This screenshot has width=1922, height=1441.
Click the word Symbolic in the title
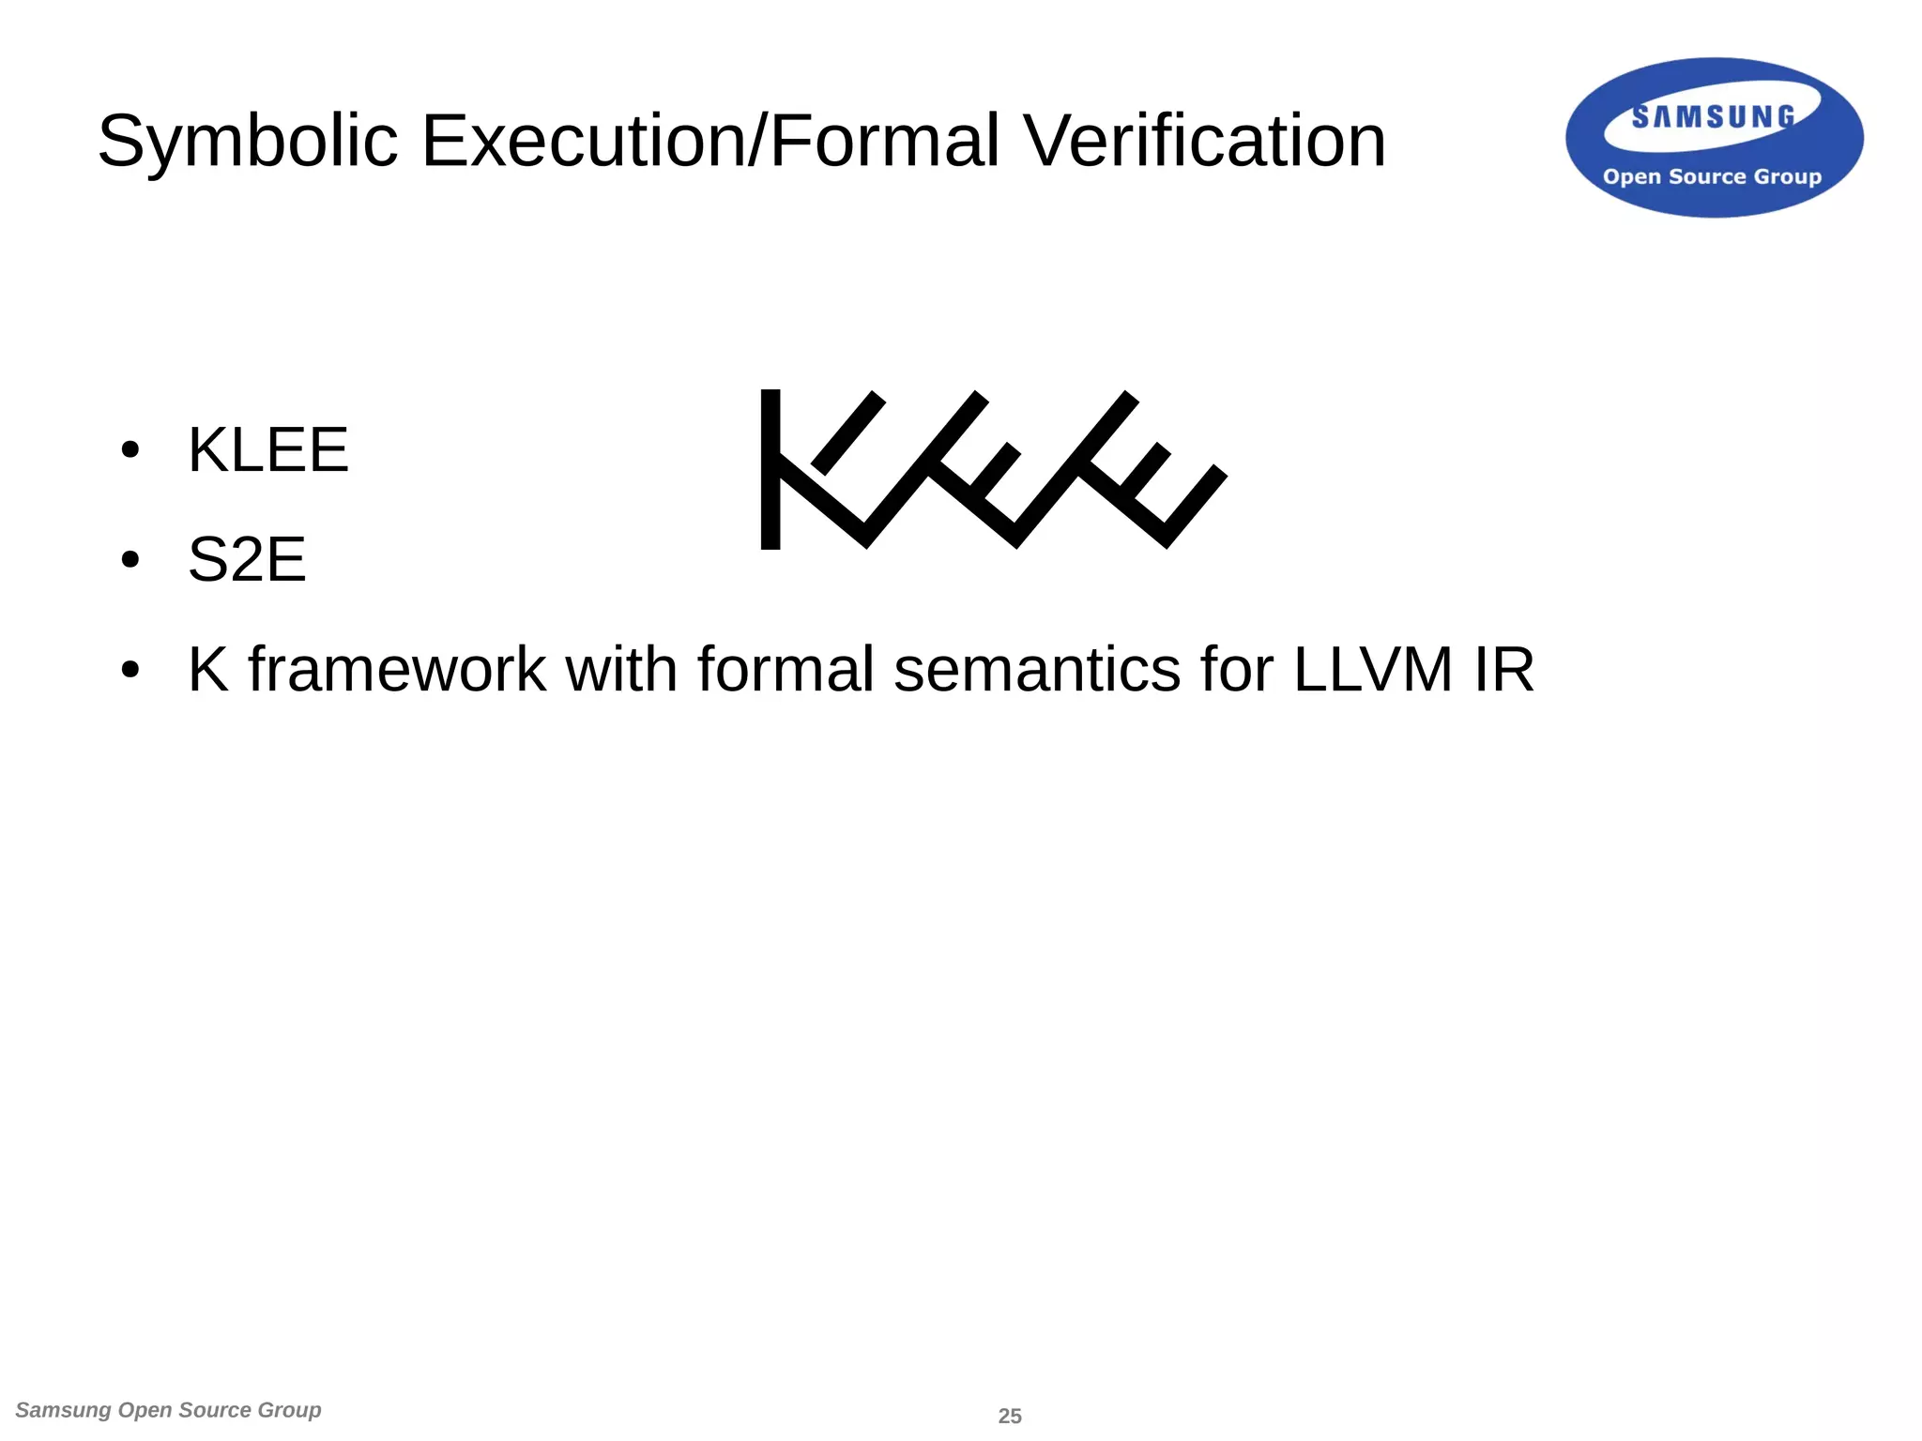pos(249,142)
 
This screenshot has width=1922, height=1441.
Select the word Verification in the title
pos(1204,142)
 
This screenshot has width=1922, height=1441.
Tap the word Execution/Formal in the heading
pos(710,142)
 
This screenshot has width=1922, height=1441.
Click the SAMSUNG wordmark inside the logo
pos(1713,117)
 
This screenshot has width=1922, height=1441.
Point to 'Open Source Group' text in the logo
pos(1712,176)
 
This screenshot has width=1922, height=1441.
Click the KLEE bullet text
pos(268,449)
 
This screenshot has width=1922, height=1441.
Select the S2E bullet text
pos(247,560)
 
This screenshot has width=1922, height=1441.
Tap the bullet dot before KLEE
pos(130,450)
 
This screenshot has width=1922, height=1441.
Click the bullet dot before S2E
pos(130,561)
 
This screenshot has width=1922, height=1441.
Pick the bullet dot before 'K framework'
pos(130,671)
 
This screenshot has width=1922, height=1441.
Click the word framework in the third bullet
pos(397,670)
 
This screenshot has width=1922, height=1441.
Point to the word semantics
pos(1037,670)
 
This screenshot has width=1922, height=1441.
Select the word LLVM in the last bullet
pos(1373,670)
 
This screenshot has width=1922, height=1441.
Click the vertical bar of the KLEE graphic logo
pos(770,469)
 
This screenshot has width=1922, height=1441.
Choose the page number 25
pos(1010,1416)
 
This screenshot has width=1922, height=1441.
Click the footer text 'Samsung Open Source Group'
pos(169,1410)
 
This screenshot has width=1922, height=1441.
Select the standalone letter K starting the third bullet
pos(208,670)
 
